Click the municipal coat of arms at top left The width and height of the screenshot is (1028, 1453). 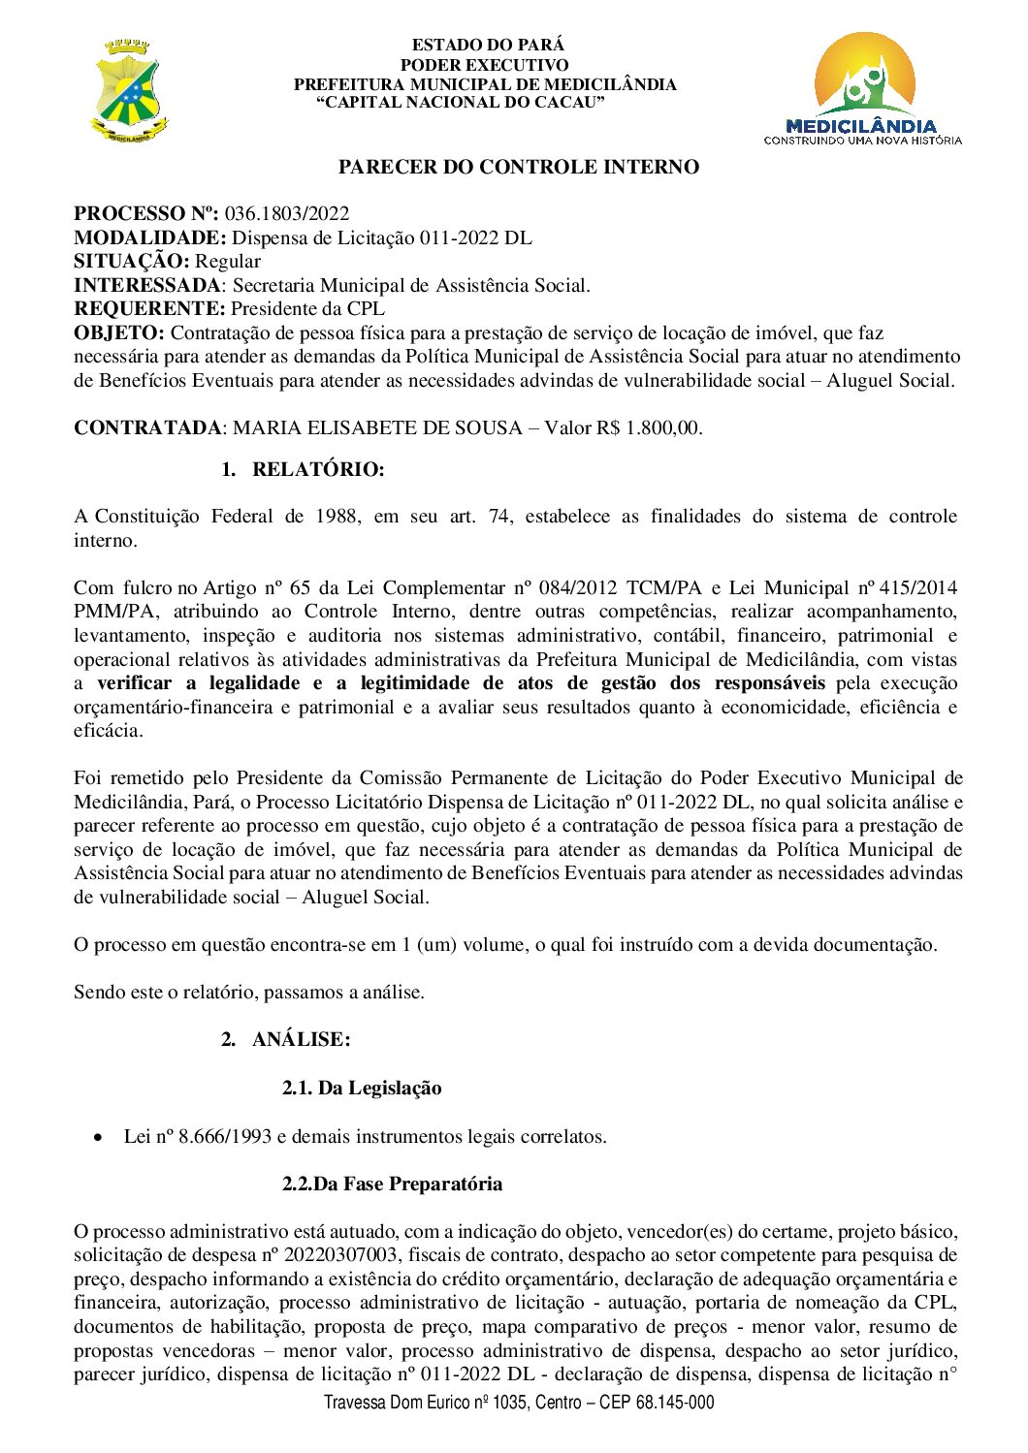tap(129, 91)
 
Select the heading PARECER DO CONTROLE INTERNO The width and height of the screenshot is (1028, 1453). tap(518, 168)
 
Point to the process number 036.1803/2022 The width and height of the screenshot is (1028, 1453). tap(287, 214)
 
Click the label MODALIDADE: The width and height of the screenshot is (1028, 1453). tap(150, 237)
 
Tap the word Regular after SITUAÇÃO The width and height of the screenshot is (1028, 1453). tap(228, 262)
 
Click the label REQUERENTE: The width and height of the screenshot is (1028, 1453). tap(149, 309)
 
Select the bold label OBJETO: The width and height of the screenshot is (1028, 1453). tap(119, 333)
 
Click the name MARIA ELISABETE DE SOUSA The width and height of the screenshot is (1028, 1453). tap(378, 428)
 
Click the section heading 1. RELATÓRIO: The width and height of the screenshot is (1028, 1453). tap(303, 470)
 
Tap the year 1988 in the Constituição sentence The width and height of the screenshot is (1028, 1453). tap(337, 517)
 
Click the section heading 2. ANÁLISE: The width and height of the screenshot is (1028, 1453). tap(286, 1040)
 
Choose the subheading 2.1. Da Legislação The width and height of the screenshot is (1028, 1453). tap(362, 1089)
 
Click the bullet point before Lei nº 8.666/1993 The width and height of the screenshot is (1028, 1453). tap(97, 1137)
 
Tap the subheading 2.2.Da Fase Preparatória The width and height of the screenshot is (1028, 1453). tap(392, 1185)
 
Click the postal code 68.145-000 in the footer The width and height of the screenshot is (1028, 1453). tap(675, 1403)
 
